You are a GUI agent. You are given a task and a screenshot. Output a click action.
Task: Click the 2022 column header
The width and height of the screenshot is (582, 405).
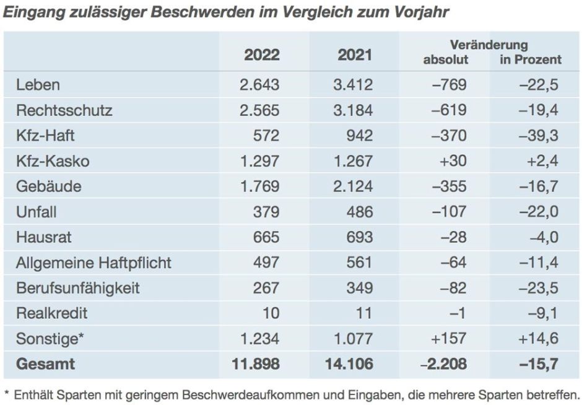261,54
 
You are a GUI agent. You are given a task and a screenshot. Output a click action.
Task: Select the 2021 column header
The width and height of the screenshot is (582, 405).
355,54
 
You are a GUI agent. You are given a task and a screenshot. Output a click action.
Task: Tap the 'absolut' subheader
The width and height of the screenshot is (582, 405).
446,60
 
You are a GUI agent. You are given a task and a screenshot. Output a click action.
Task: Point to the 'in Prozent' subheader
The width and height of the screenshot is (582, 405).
531,60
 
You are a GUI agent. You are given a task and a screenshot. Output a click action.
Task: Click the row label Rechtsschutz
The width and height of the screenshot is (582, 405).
64,110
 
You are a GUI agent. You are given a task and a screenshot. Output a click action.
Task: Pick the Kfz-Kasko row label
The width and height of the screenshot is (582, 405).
53,161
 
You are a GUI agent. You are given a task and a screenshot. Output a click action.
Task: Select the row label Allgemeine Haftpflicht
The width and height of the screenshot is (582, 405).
93,263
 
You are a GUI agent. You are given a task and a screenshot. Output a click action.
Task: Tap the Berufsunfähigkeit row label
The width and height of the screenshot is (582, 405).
78,288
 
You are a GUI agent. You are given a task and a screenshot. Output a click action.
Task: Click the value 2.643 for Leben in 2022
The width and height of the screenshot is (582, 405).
259,85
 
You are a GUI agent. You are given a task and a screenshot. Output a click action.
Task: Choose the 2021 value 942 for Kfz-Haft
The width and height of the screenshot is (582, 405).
360,136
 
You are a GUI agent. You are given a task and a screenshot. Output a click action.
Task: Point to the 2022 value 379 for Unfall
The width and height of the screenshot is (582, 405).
266,212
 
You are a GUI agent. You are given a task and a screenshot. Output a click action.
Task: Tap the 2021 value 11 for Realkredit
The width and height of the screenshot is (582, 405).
364,313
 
